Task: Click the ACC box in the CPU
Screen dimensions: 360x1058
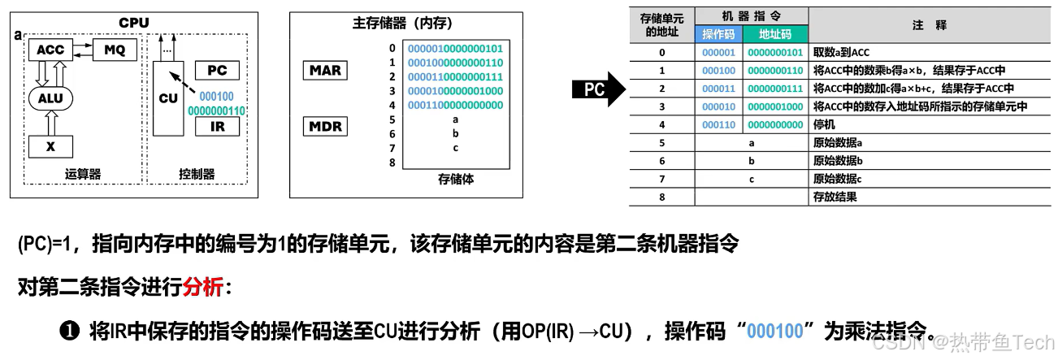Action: pyautogui.click(x=50, y=50)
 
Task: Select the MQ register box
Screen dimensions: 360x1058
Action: pyautogui.click(x=115, y=50)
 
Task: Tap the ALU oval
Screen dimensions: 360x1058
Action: pyautogui.click(x=50, y=98)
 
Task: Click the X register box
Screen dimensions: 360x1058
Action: pyautogui.click(x=50, y=146)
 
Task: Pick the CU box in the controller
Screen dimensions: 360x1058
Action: pyautogui.click(x=167, y=99)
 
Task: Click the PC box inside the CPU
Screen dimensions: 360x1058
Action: pyautogui.click(x=217, y=71)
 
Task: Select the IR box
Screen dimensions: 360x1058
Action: pyautogui.click(x=217, y=127)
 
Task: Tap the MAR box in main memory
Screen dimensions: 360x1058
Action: pyautogui.click(x=325, y=70)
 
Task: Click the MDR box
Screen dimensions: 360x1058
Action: pyautogui.click(x=325, y=127)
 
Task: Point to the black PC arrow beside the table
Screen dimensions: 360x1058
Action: pyautogui.click(x=598, y=89)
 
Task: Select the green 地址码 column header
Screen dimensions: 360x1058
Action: pyautogui.click(x=774, y=34)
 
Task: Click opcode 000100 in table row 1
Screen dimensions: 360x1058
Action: pyautogui.click(x=718, y=71)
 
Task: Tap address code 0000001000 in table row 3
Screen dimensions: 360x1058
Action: pyautogui.click(x=775, y=106)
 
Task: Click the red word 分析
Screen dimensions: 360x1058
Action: pyautogui.click(x=202, y=288)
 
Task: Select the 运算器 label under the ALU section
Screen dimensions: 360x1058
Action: pyautogui.click(x=82, y=173)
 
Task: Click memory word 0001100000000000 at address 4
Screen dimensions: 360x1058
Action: pyautogui.click(x=455, y=105)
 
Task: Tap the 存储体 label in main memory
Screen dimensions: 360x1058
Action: pyautogui.click(x=455, y=178)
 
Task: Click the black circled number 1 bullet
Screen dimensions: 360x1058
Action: pyautogui.click(x=68, y=332)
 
